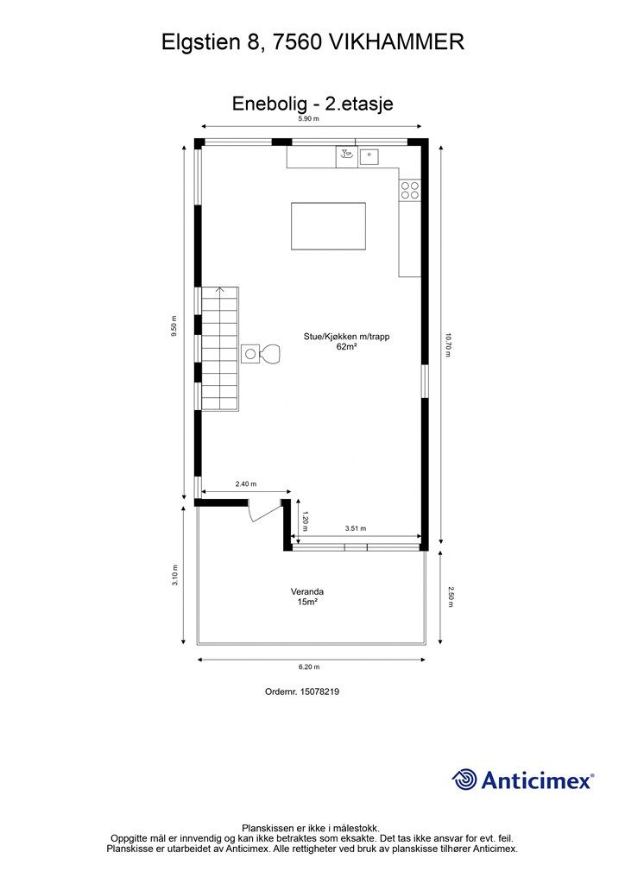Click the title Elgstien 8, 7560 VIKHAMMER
point(312,41)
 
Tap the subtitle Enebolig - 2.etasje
point(312,103)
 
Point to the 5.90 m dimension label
point(308,119)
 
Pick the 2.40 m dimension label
point(245,484)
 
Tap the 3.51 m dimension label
point(356,528)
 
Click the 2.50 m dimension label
point(449,597)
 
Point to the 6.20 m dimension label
point(308,666)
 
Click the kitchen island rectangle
point(328,224)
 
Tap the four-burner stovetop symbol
point(409,191)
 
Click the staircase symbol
point(220,349)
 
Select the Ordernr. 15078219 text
point(307,691)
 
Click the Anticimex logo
point(523,780)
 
